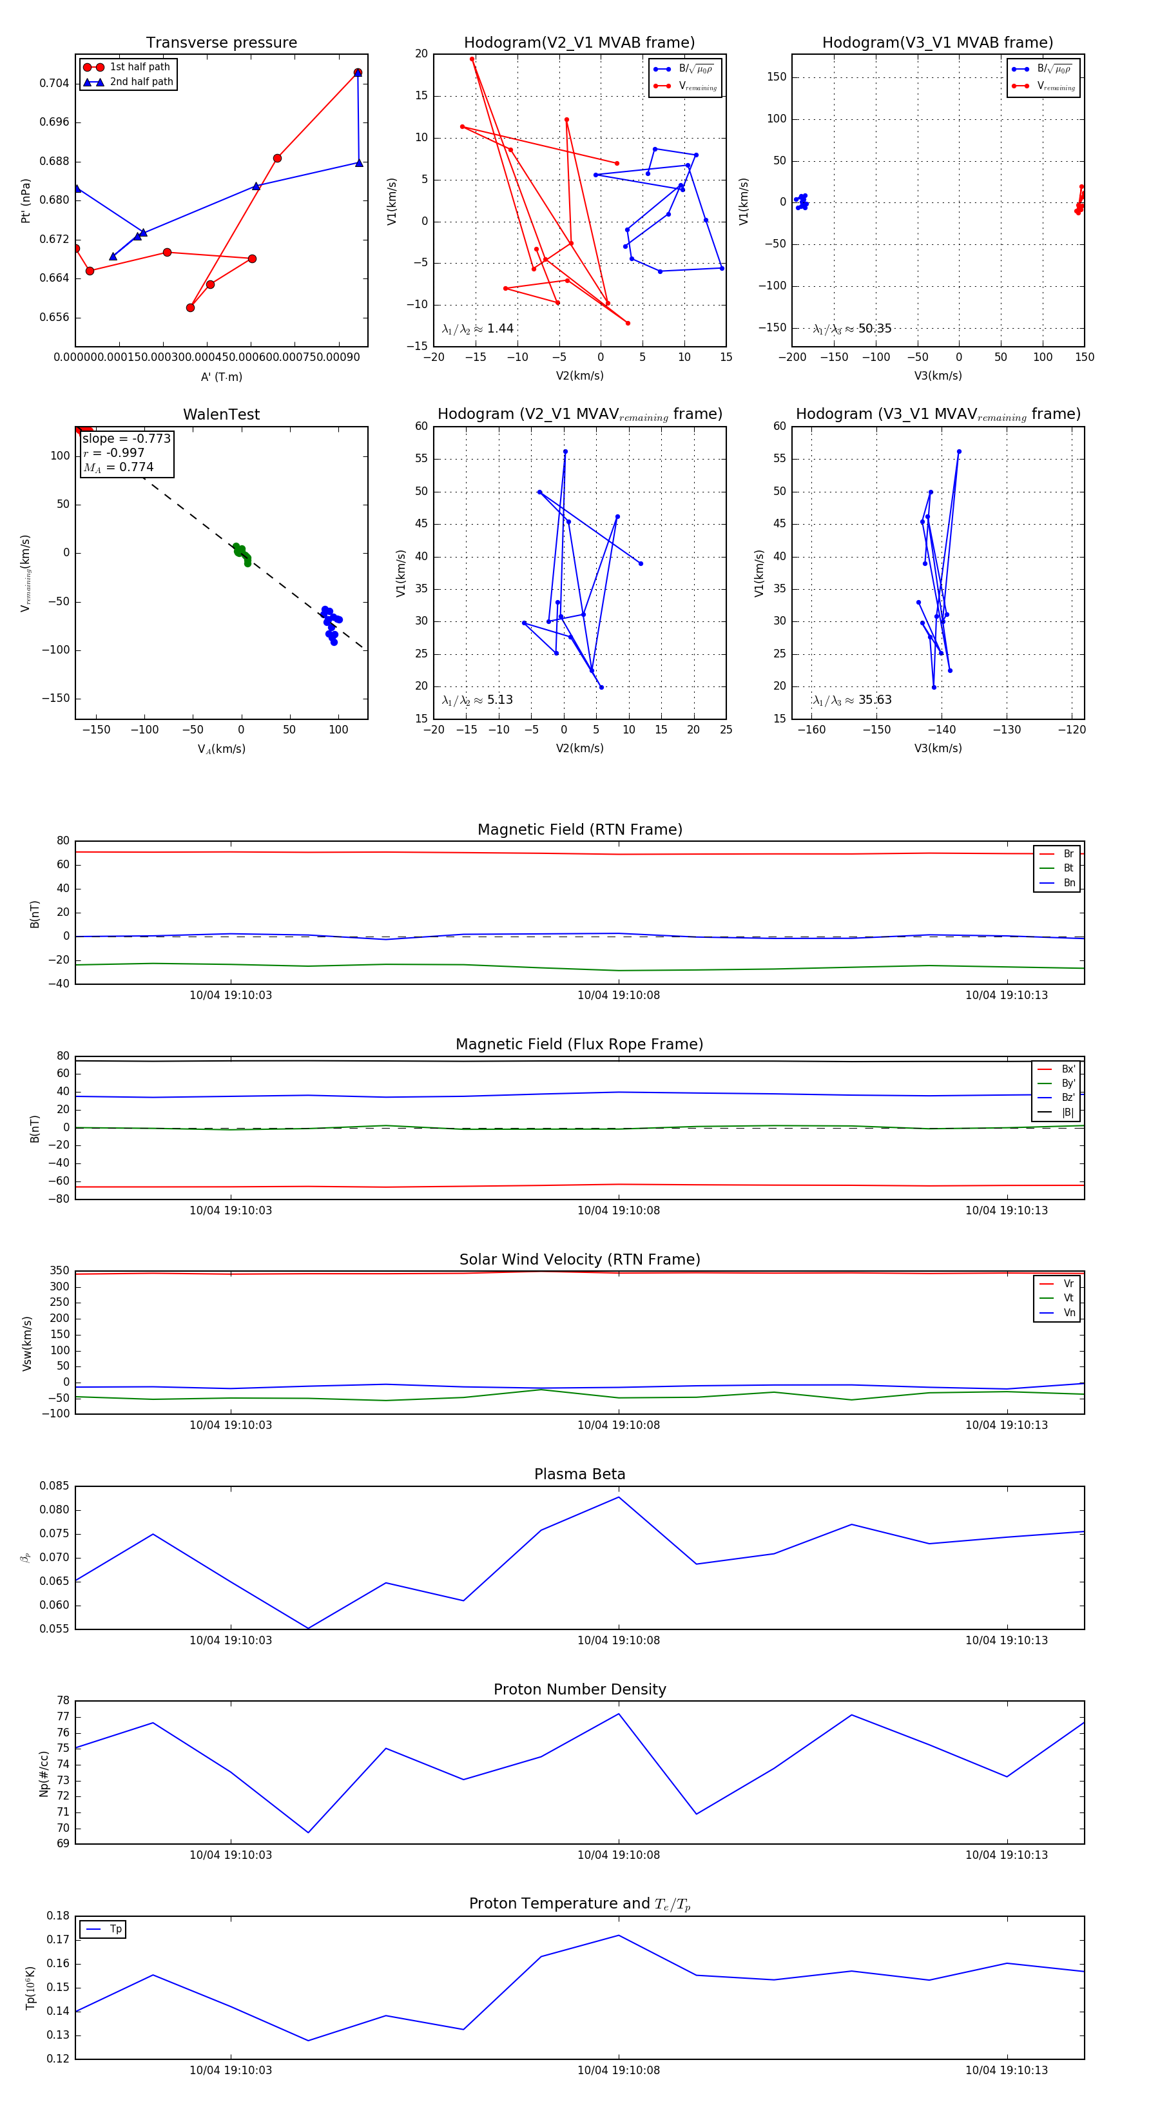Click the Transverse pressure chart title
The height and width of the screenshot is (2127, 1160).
(221, 43)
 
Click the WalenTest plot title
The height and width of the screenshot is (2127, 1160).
(221, 414)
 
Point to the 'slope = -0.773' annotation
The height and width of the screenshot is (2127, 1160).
(126, 438)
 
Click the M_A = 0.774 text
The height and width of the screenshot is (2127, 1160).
(118, 467)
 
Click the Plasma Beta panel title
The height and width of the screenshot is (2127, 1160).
(579, 1475)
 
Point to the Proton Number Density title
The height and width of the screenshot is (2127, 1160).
(579, 1689)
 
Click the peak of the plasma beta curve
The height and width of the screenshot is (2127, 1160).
(619, 1497)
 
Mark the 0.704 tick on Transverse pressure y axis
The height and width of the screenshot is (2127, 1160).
(55, 83)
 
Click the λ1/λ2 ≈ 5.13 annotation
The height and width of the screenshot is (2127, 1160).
(477, 700)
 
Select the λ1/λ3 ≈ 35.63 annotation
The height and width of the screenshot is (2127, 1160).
(852, 700)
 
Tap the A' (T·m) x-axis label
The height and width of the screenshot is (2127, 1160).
(221, 376)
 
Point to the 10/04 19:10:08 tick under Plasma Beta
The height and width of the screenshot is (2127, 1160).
(619, 1640)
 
